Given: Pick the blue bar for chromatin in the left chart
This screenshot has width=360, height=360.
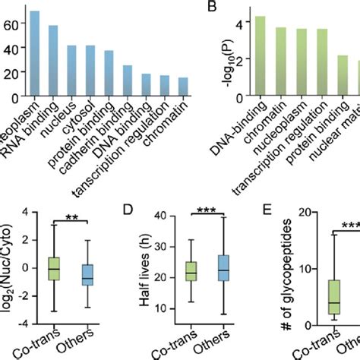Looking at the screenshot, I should point(182,84).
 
